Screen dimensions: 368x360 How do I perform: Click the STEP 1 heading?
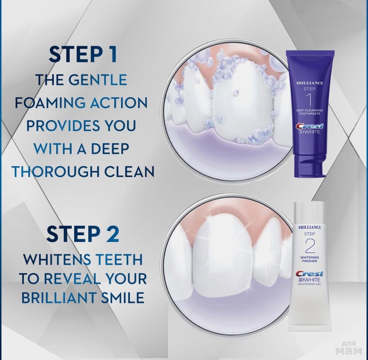(x=82, y=55)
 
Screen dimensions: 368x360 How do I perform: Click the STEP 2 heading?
(x=82, y=234)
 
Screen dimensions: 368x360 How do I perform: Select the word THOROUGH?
(x=56, y=171)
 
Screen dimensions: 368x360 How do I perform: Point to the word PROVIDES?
(x=62, y=126)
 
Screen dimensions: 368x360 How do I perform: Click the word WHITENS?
(x=57, y=259)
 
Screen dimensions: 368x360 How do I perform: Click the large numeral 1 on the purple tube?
(x=309, y=100)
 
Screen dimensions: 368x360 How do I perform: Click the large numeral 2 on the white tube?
(x=309, y=246)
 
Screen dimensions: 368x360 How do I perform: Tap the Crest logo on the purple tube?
(x=309, y=126)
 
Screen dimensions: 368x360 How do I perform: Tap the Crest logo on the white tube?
(x=309, y=274)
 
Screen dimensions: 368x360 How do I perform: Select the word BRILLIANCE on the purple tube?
(x=309, y=83)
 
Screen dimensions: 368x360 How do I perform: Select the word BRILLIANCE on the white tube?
(x=309, y=227)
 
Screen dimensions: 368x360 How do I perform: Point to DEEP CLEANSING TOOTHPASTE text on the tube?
(x=309, y=112)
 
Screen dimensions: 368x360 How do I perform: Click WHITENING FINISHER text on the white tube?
(x=309, y=259)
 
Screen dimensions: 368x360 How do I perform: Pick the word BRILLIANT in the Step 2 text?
(x=59, y=297)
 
